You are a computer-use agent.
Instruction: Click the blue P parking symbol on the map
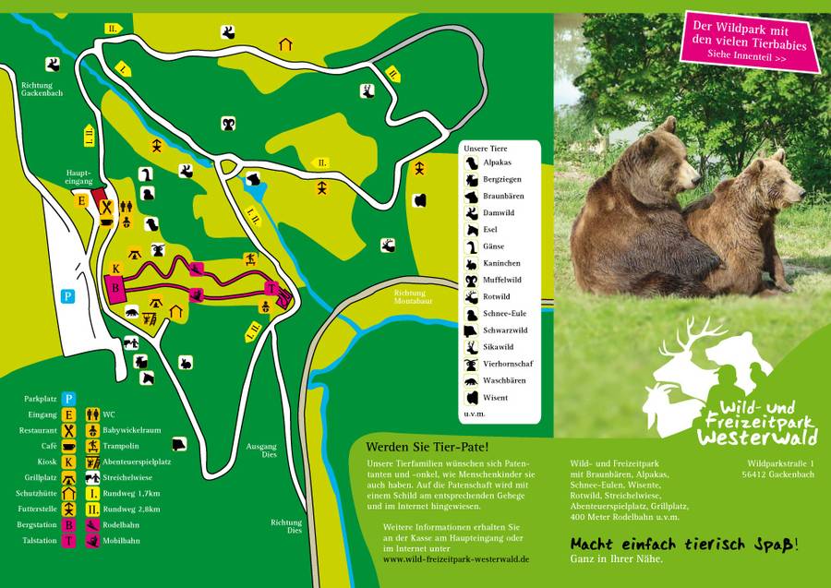[67, 296]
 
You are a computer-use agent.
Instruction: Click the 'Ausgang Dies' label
[261, 451]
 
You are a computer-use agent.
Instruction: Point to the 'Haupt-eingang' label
[78, 177]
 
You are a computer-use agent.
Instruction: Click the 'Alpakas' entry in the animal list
[499, 162]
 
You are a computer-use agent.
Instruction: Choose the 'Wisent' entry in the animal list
[496, 398]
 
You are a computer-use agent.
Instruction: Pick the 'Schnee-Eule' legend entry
[503, 313]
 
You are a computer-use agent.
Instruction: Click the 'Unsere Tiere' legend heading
[485, 148]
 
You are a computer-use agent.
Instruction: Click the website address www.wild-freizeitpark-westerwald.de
[456, 559]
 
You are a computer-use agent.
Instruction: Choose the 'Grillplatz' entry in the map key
[41, 478]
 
